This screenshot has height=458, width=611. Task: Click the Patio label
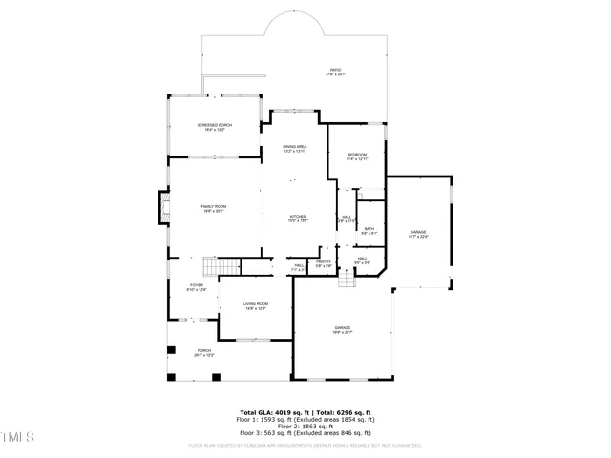(x=335, y=72)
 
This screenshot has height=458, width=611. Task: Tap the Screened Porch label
(x=214, y=127)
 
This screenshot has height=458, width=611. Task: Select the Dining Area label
(x=294, y=148)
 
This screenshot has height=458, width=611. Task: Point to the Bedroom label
(x=357, y=156)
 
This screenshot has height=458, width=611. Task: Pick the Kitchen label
(x=299, y=219)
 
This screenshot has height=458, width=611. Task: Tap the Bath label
(x=369, y=230)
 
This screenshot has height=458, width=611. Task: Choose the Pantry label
(x=324, y=264)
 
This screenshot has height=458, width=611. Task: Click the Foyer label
(x=197, y=287)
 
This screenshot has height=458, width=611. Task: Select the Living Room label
(x=255, y=305)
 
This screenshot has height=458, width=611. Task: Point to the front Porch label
(x=204, y=352)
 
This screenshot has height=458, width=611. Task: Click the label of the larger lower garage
(x=342, y=330)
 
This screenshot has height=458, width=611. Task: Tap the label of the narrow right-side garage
(x=418, y=234)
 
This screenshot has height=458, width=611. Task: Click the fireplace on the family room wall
(x=163, y=207)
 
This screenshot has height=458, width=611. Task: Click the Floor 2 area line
(x=305, y=426)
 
